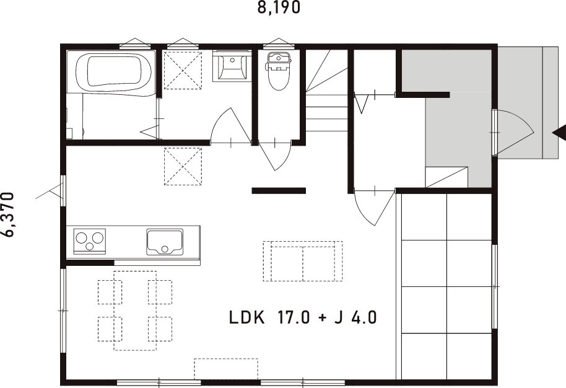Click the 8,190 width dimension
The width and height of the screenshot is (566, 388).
[279, 8]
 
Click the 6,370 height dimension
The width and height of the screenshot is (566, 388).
[9, 214]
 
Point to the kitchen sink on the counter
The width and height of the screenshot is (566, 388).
[165, 241]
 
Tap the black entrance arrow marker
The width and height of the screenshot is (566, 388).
[559, 132]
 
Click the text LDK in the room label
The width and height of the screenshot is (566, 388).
[247, 318]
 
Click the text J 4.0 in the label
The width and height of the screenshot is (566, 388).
[355, 318]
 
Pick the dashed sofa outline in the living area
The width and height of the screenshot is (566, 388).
[302, 261]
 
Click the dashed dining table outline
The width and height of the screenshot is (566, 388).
[135, 310]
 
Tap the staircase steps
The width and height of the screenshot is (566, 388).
[326, 99]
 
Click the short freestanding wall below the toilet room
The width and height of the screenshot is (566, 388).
[279, 190]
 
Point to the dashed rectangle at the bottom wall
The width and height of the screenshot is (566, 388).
[226, 368]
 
